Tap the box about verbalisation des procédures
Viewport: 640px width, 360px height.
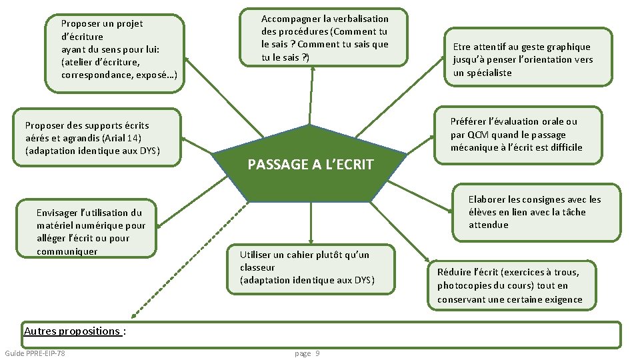[x=325, y=38]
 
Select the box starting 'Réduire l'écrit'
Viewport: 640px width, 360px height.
[x=511, y=285]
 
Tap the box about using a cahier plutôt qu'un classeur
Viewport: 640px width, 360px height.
[x=310, y=267]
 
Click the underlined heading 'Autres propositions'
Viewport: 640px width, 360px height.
[x=73, y=331]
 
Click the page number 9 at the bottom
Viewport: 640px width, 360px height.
[x=317, y=353]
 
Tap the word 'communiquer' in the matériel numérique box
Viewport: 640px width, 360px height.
[x=67, y=251]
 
